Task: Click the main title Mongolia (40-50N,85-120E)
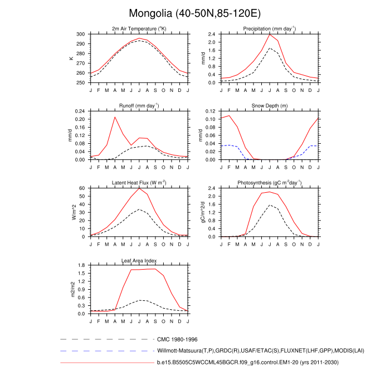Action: coord(195,13)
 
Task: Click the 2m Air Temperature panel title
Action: coord(139,29)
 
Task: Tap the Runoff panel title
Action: coord(139,106)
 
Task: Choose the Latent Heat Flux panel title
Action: coord(139,183)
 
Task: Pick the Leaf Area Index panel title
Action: coord(139,260)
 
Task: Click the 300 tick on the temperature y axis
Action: coord(81,35)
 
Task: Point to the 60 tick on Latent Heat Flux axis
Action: coord(83,188)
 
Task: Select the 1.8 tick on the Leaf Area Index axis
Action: coord(81,265)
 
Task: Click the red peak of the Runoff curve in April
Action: coord(115,117)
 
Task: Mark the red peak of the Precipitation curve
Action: coord(270,35)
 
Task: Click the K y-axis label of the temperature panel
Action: coord(71,58)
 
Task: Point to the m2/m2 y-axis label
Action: coord(71,289)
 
